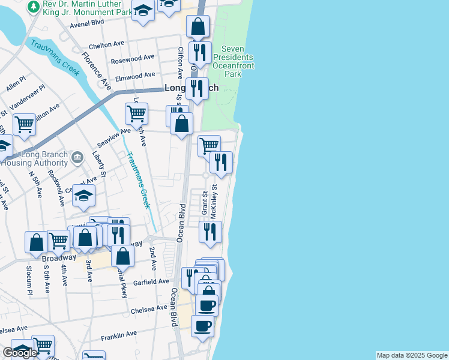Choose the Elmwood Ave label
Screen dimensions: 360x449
tap(136, 76)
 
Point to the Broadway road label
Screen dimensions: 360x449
tap(59, 257)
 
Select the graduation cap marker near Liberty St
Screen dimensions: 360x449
tap(84, 194)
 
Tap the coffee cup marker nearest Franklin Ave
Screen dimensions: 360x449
tap(202, 326)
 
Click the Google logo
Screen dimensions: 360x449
tap(20, 353)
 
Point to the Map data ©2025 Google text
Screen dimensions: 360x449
tap(412, 355)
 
